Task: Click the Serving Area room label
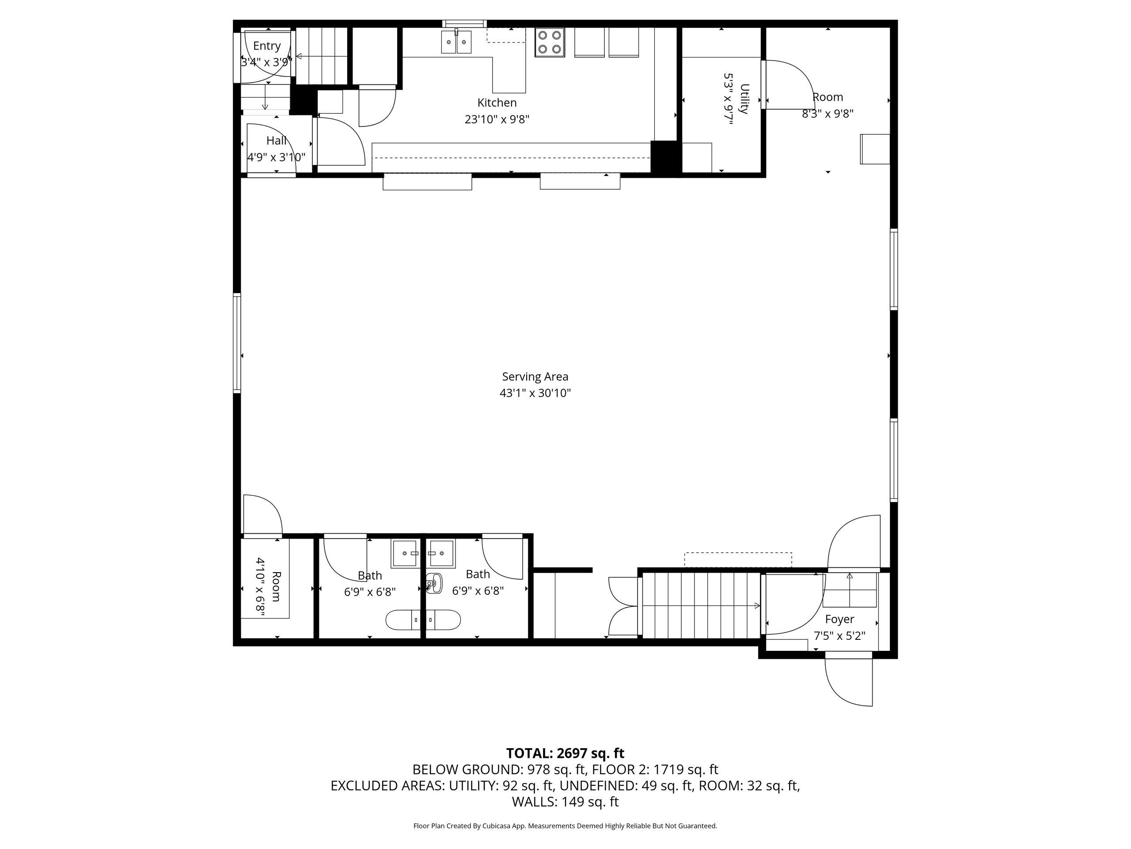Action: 535,377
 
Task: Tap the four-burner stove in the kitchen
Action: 550,42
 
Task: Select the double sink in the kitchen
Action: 456,42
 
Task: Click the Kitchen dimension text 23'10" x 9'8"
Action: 497,120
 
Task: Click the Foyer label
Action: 839,619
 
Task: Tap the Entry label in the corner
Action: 266,46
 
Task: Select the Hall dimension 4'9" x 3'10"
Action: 276,157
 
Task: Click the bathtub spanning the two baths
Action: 423,620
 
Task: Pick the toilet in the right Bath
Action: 435,583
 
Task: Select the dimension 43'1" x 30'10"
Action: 535,394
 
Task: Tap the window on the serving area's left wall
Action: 237,343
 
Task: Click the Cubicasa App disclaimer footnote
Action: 565,826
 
